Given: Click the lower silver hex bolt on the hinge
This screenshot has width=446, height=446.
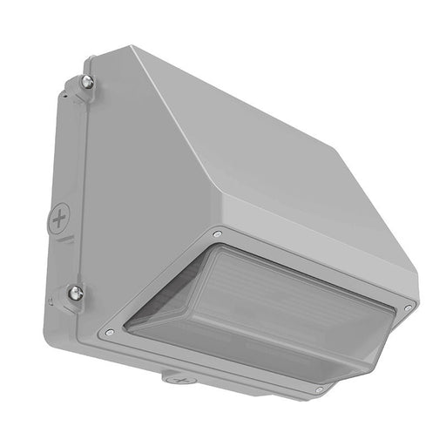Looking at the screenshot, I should point(77,291).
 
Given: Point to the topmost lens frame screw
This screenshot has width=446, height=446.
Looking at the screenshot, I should point(217,233).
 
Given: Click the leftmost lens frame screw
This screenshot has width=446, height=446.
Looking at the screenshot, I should point(108,332).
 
